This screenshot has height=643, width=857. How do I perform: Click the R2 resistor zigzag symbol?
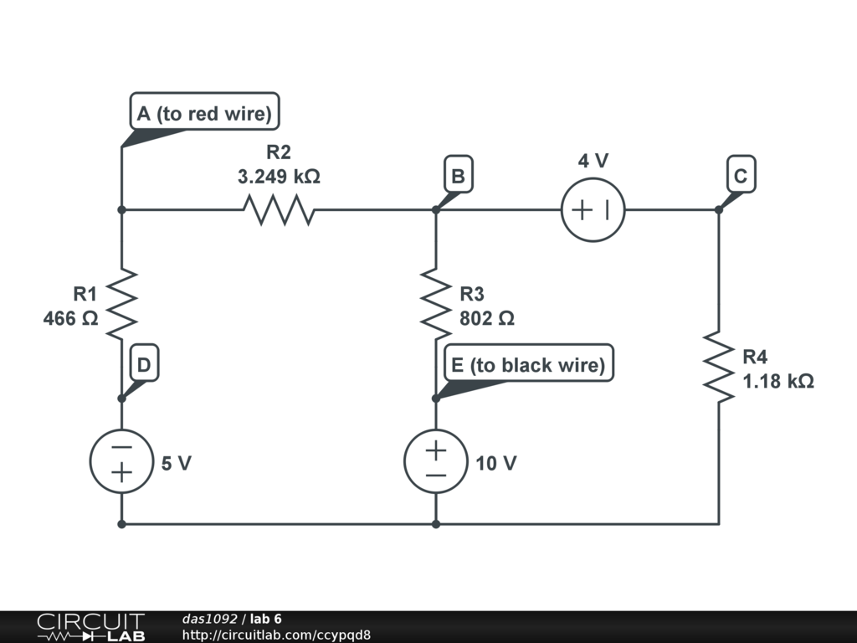pyautogui.click(x=279, y=209)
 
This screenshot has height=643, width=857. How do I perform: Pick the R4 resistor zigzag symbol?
pyautogui.click(x=718, y=366)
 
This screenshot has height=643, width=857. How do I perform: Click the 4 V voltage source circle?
pyautogui.click(x=593, y=209)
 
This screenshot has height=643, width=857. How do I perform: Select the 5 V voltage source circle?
pyautogui.click(x=121, y=461)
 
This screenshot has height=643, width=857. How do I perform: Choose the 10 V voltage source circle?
pyautogui.click(x=435, y=461)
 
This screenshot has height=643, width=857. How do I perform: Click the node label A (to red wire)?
pyautogui.click(x=205, y=113)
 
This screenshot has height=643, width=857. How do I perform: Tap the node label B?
pyautogui.click(x=458, y=177)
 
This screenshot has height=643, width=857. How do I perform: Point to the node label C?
pyautogui.click(x=741, y=177)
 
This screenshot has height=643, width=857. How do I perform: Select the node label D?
pyautogui.click(x=144, y=365)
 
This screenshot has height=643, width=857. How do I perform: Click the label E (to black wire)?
pyautogui.click(x=528, y=365)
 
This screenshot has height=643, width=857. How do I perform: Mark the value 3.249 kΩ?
pyautogui.click(x=279, y=177)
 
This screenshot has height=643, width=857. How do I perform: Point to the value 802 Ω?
pyautogui.click(x=486, y=319)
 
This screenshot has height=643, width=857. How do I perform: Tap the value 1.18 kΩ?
pyautogui.click(x=778, y=382)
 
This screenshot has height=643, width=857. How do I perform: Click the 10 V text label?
pyautogui.click(x=496, y=463)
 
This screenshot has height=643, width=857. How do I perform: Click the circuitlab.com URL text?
pyautogui.click(x=276, y=635)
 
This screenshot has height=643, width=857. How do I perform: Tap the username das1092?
pyautogui.click(x=209, y=619)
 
